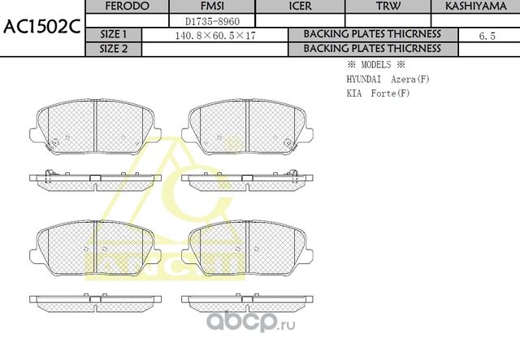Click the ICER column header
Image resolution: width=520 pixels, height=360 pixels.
pos(300,6)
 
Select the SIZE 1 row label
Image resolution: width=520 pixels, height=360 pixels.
pos(114,35)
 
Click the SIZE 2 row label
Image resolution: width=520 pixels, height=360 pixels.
pos(114,49)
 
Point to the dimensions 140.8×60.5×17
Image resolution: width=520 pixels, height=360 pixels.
pos(215,35)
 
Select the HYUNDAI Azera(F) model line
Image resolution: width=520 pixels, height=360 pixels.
pos(382,79)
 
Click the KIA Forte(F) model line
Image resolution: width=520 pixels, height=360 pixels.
pos(378,93)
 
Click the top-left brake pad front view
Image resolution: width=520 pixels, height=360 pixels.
pos(95,128)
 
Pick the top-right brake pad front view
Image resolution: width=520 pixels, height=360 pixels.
pos(246,128)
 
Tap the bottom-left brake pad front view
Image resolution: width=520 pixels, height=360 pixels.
pos(95,246)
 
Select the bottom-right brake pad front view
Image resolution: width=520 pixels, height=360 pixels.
pos(246,246)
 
